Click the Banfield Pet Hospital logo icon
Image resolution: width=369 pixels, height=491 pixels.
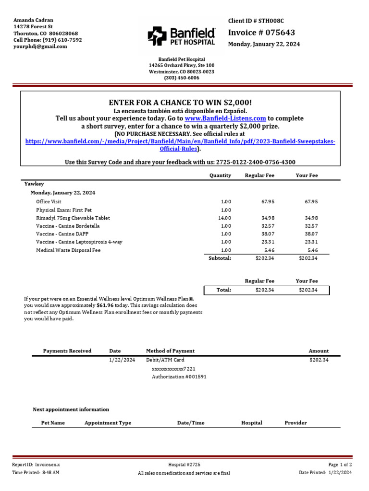coord(156,36)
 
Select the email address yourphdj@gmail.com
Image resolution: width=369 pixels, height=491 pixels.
coord(40,47)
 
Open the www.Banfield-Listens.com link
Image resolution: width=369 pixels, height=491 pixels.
coord(225,118)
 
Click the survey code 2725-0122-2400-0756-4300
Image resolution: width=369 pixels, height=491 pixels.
coord(256,162)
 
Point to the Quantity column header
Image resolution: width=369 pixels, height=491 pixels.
coord(220,175)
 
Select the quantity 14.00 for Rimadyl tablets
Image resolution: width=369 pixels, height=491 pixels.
coord(225,218)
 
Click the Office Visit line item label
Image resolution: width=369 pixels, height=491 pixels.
coord(49,202)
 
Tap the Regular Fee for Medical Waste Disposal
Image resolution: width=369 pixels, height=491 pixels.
coord(268,250)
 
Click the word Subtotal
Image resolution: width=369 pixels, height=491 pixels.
coord(220,258)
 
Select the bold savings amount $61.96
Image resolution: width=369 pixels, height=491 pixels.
coord(105,305)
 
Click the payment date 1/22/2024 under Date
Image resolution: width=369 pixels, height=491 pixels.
coord(122,360)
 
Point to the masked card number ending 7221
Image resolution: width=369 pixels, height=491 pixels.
coord(173,369)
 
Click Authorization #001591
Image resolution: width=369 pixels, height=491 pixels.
coord(179,377)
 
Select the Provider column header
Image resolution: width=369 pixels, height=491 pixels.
coord(295,423)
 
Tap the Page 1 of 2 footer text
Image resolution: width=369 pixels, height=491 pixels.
coord(340,465)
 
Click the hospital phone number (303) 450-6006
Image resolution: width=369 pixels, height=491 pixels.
coord(182,78)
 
